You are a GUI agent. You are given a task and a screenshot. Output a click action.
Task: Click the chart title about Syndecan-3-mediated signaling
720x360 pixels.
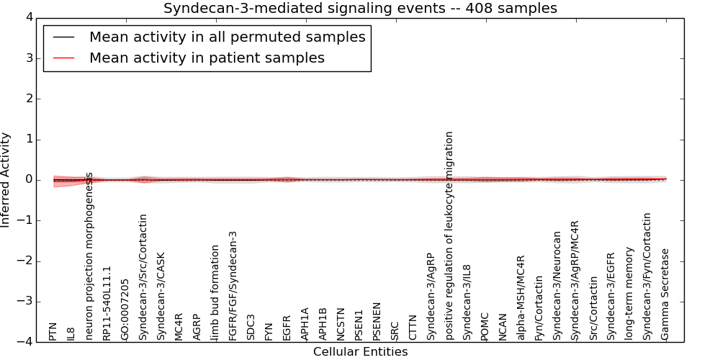click(x=360, y=9)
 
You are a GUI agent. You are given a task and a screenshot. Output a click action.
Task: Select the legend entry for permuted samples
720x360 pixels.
click(x=227, y=37)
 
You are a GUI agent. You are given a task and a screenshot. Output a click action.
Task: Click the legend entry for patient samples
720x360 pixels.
click(x=207, y=58)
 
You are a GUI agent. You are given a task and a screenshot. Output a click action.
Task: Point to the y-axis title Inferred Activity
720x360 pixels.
click(x=6, y=180)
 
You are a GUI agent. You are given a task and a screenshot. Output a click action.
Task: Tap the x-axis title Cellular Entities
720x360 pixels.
click(x=360, y=352)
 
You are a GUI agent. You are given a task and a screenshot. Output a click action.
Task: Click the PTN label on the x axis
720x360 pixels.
click(x=53, y=331)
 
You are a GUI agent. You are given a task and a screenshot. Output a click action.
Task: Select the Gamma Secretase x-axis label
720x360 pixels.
click(x=665, y=294)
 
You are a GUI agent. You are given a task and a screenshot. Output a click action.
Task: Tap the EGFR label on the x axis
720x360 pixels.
click(x=287, y=327)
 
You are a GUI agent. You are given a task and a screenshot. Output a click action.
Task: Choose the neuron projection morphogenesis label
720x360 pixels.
click(x=89, y=256)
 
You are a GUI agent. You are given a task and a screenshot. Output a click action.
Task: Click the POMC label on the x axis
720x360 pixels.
click(x=485, y=325)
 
